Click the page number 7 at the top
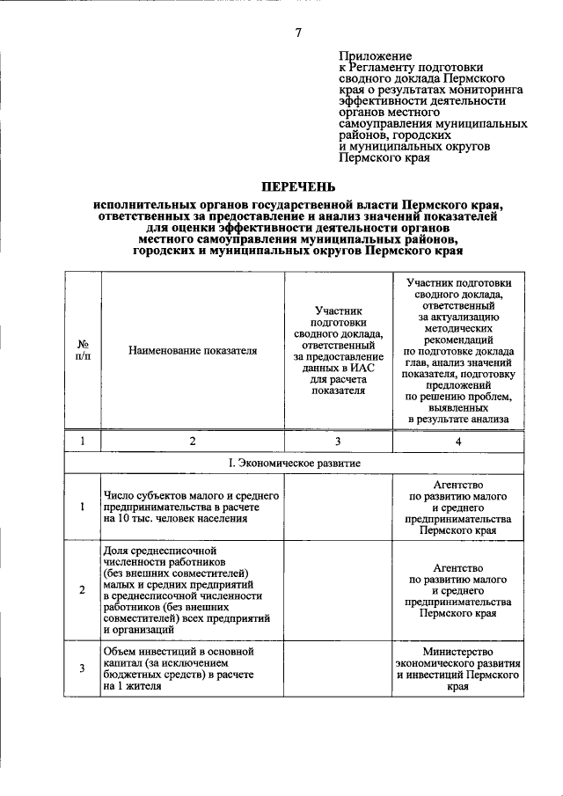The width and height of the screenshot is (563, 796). click(x=298, y=33)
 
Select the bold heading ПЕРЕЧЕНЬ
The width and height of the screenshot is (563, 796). click(x=298, y=186)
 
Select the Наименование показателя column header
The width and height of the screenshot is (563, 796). click(x=193, y=350)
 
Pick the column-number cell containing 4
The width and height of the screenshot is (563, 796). click(x=457, y=441)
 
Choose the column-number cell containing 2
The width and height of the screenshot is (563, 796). click(x=193, y=441)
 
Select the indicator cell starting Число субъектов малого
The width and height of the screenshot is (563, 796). click(x=193, y=508)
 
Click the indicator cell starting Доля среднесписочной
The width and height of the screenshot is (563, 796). click(x=193, y=589)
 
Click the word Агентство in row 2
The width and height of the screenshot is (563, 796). click(x=457, y=567)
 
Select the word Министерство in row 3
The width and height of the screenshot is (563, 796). click(x=457, y=652)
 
